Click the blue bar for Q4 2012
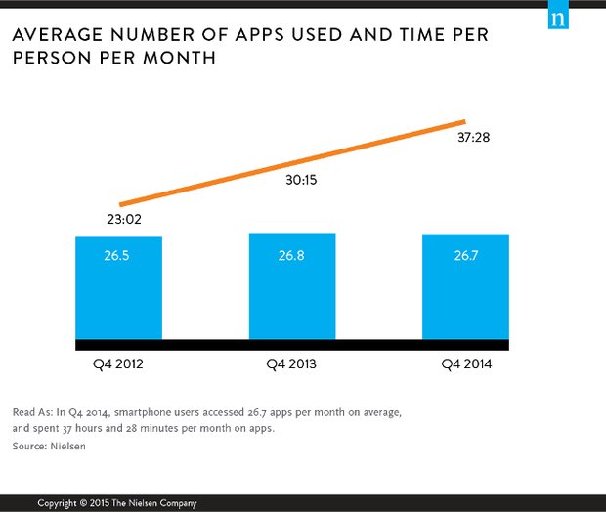tap(118, 288)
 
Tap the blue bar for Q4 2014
tap(465, 287)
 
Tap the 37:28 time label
tap(473, 138)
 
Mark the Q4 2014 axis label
tap(466, 364)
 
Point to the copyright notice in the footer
tap(117, 503)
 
